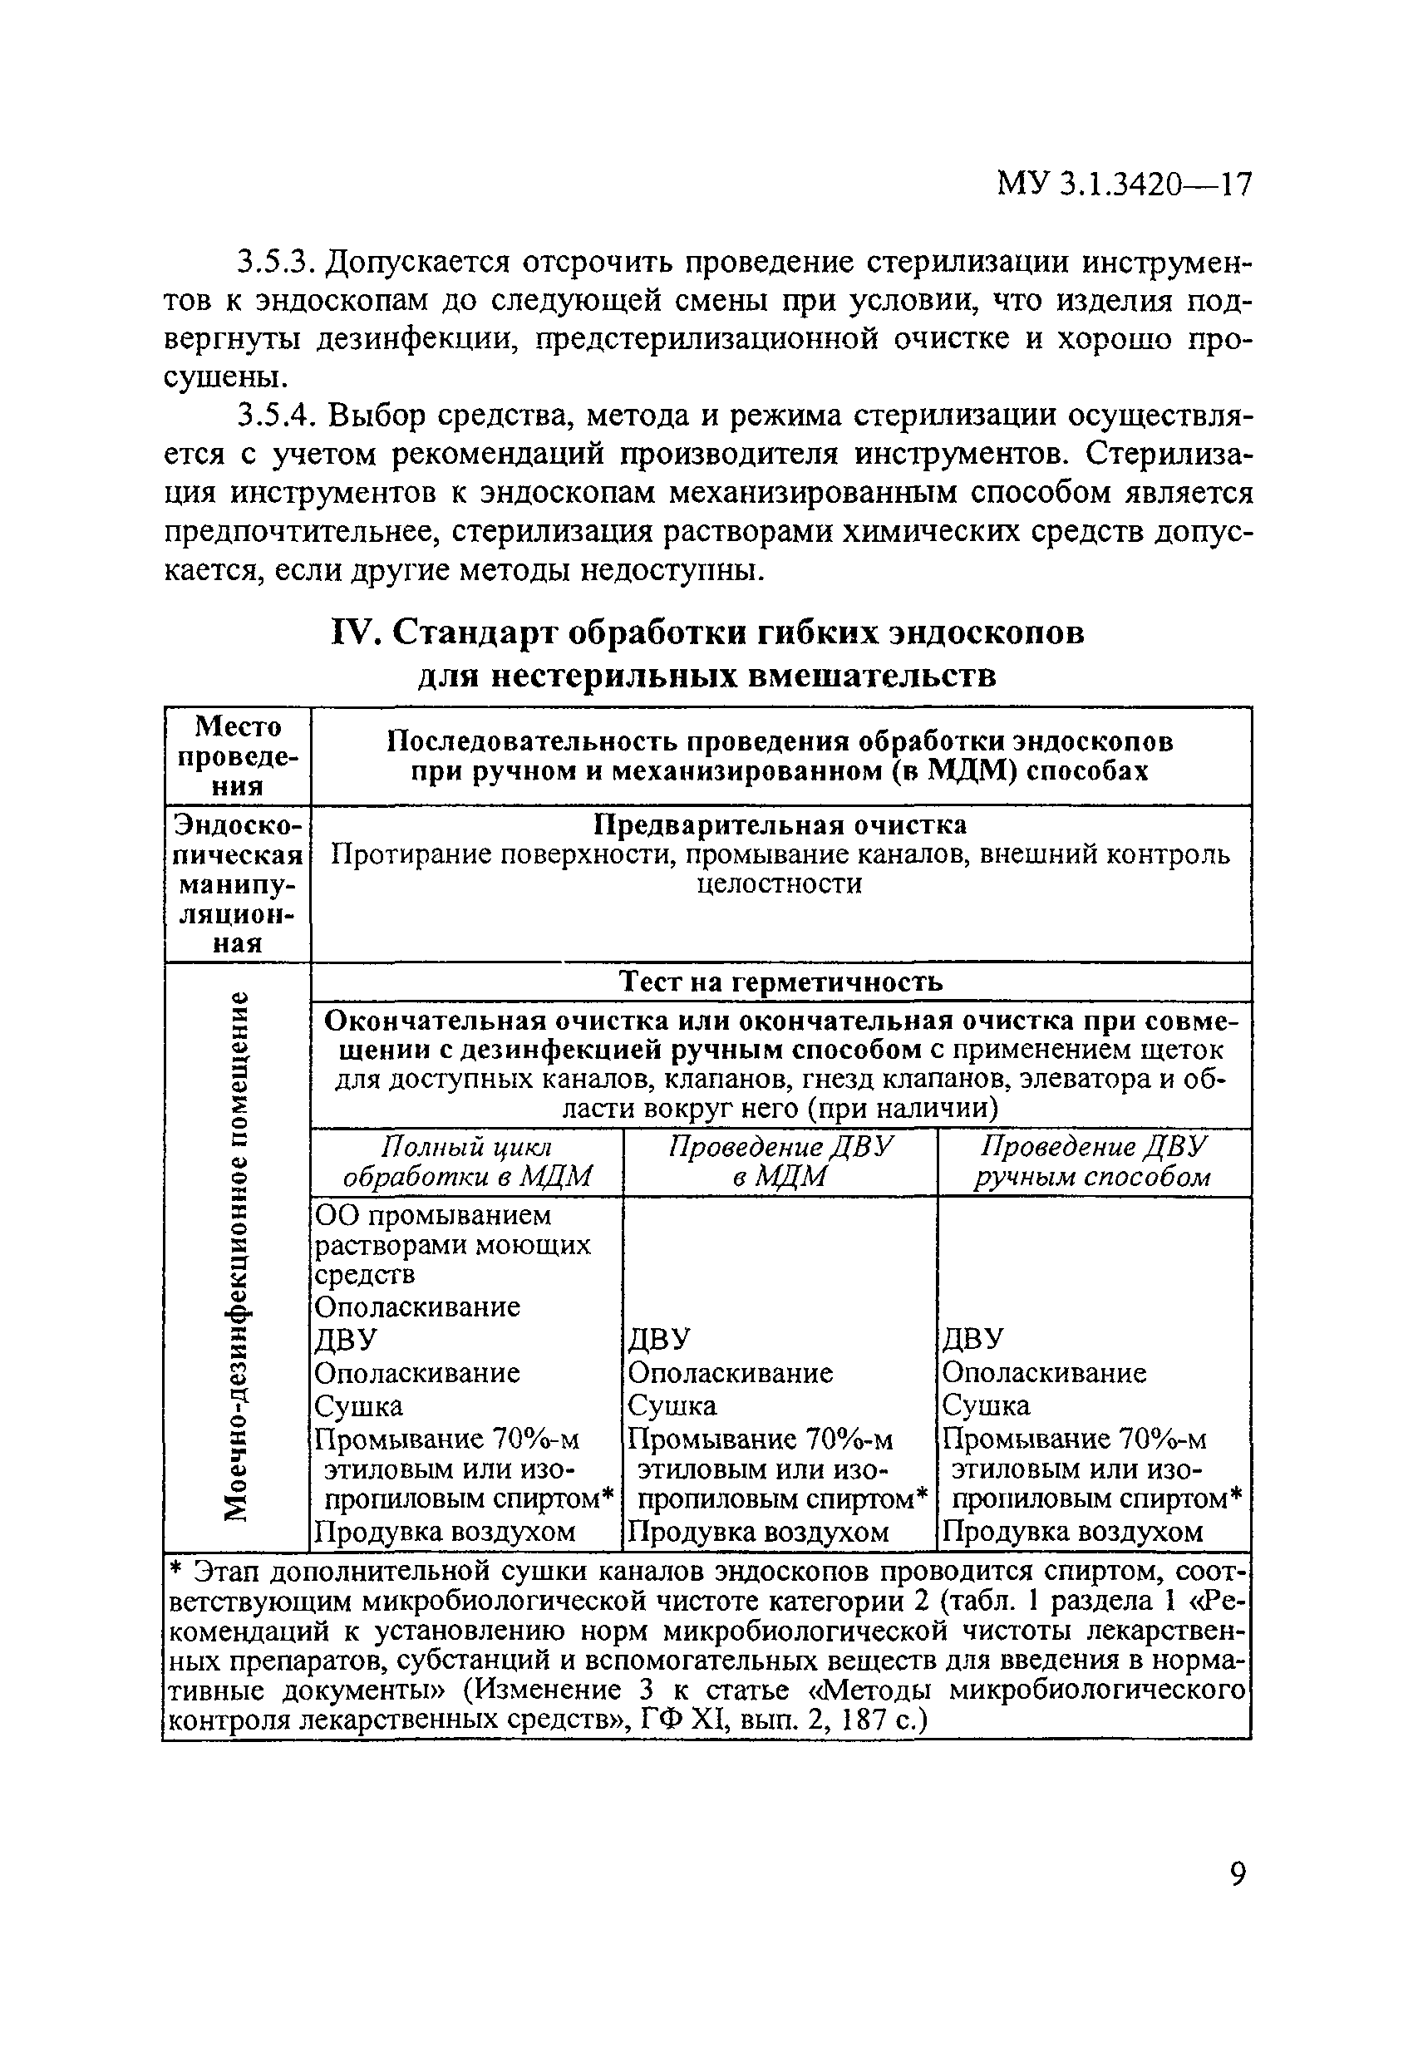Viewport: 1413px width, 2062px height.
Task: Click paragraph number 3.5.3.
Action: pyautogui.click(x=276, y=263)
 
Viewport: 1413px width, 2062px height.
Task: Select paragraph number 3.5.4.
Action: pyautogui.click(x=276, y=416)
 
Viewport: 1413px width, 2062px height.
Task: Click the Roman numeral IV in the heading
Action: pyautogui.click(x=355, y=633)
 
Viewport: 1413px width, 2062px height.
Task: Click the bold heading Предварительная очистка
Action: pyautogui.click(x=780, y=824)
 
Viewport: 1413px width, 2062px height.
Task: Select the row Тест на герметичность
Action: pyautogui.click(x=780, y=982)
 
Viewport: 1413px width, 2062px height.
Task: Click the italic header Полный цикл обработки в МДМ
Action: pyautogui.click(x=467, y=1161)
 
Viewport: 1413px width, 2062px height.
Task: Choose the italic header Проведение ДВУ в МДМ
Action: pyautogui.click(x=780, y=1161)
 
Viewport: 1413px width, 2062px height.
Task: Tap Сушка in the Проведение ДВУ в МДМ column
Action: pyautogui.click(x=672, y=1405)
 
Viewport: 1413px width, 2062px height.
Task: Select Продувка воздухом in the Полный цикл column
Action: pyautogui.click(x=446, y=1532)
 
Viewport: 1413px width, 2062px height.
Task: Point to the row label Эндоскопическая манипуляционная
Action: pyautogui.click(x=238, y=883)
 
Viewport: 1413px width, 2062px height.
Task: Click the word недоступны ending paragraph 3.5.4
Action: pyautogui.click(x=671, y=569)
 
